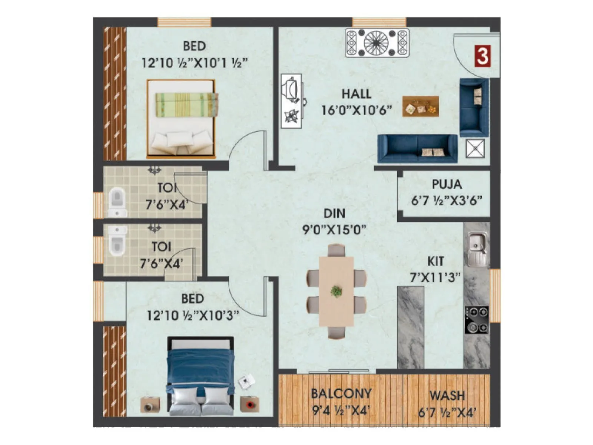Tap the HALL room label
click(x=356, y=93)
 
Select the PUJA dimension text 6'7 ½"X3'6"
click(x=446, y=201)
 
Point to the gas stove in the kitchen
click(x=477, y=320)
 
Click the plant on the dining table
click(x=336, y=291)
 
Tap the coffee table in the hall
click(x=421, y=106)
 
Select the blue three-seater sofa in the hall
click(x=417, y=149)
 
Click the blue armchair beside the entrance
click(x=474, y=107)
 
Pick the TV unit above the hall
click(x=377, y=43)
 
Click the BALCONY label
click(x=341, y=393)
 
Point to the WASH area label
click(x=447, y=396)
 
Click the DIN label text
click(x=334, y=214)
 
